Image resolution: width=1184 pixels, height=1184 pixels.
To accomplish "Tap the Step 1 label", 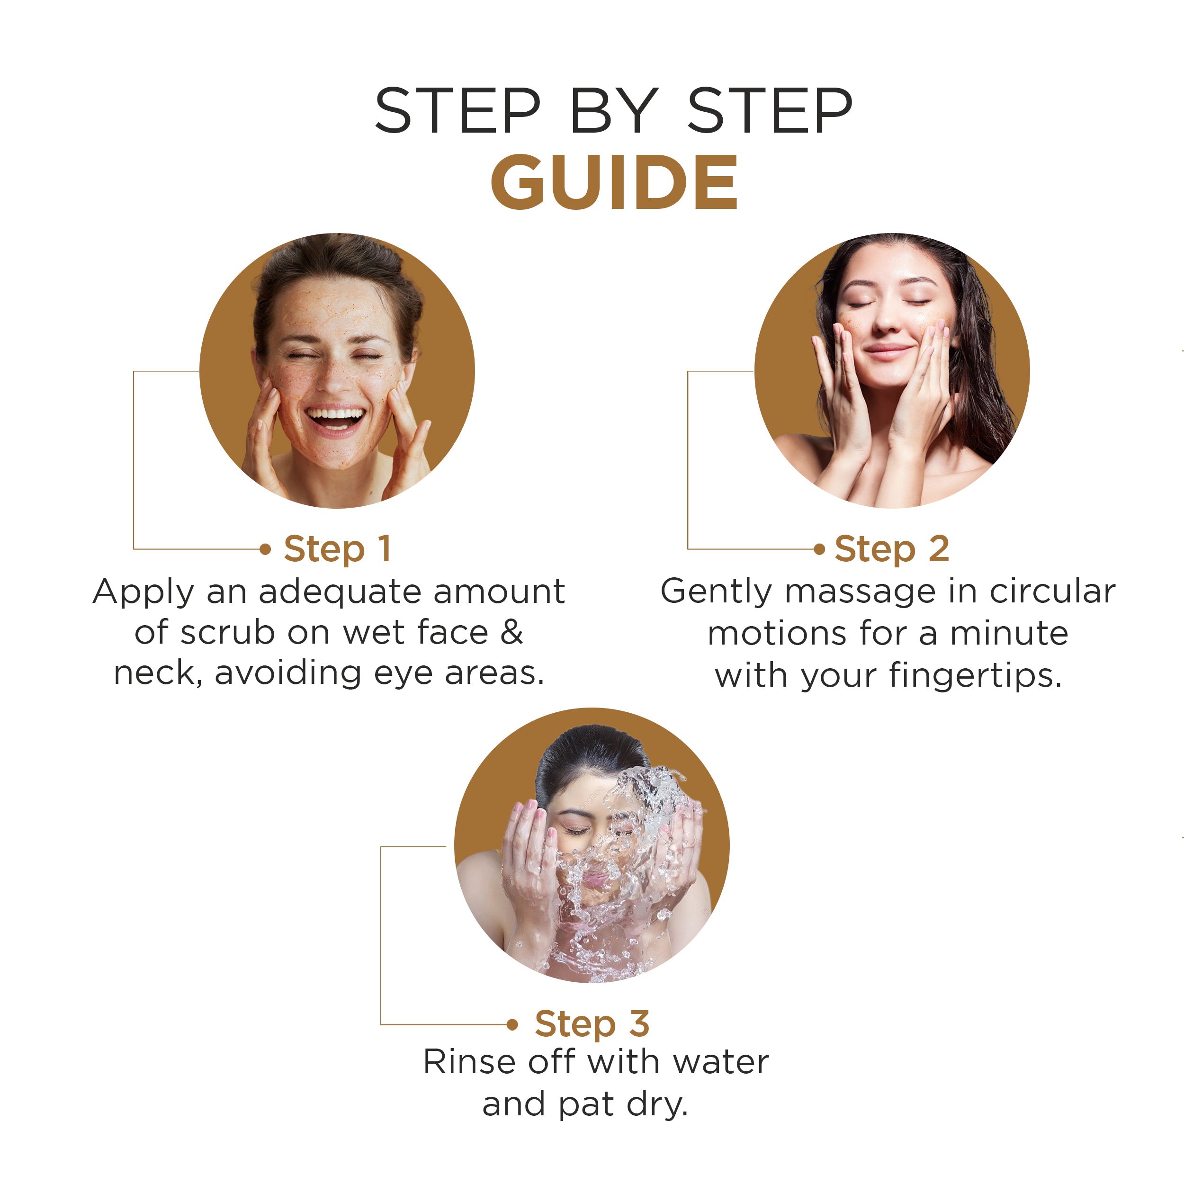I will pyautogui.click(x=337, y=548).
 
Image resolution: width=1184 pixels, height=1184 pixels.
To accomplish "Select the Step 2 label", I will pyautogui.click(x=892, y=548).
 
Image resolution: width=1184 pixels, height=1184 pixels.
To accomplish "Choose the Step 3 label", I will pyautogui.click(x=592, y=1023).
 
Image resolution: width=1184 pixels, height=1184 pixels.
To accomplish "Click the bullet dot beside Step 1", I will pyautogui.click(x=265, y=549).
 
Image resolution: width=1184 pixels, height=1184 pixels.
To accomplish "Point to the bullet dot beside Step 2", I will pyautogui.click(x=819, y=549).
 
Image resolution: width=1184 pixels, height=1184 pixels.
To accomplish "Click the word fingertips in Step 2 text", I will pyautogui.click(x=974, y=676).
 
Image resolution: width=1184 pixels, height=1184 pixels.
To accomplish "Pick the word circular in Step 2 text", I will pyautogui.click(x=1052, y=592).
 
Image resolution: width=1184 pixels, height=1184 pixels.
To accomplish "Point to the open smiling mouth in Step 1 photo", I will pyautogui.click(x=335, y=419).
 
